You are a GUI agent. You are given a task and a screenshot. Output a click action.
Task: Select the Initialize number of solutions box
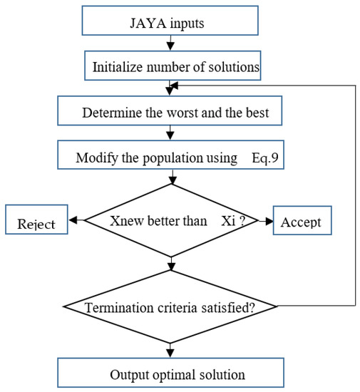[x=169, y=68]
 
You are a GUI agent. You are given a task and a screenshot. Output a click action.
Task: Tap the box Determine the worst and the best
[x=169, y=112]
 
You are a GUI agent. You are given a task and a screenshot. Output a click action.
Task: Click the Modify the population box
[x=169, y=157]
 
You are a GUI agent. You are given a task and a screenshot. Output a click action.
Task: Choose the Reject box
[x=35, y=222]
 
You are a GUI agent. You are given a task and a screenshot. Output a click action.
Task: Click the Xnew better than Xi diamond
[x=170, y=221]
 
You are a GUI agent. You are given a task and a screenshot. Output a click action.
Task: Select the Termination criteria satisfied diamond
[x=170, y=308]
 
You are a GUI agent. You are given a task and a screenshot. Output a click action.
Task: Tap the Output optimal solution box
[x=170, y=373]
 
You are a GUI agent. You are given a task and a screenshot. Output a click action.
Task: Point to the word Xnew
[x=126, y=221]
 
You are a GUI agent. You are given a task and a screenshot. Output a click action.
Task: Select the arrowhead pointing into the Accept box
[x=270, y=221]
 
